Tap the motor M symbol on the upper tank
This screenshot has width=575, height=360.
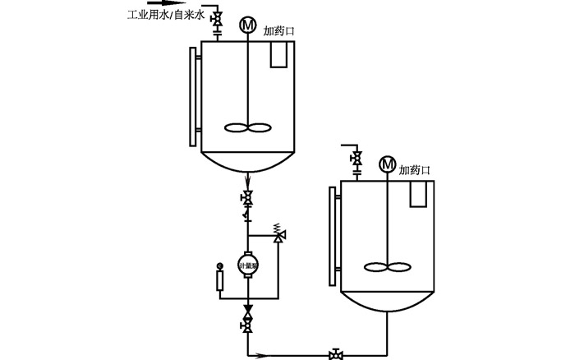coord(247,25)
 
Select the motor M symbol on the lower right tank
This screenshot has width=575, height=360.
coord(386,164)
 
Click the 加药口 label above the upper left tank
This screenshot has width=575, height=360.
coord(278,31)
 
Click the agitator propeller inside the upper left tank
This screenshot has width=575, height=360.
coord(247,128)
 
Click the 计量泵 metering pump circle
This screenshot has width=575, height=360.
coord(247,263)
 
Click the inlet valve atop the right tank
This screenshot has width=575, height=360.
coord(356,158)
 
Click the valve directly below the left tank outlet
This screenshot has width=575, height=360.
coord(247,197)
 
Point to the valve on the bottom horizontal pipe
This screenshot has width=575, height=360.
coord(336,355)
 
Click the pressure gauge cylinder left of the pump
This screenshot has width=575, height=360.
coord(219,279)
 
